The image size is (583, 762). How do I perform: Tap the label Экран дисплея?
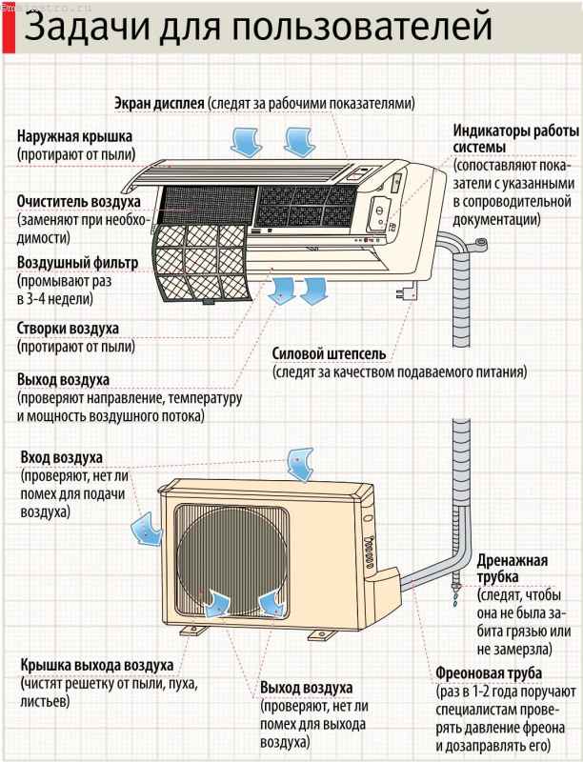click(x=159, y=103)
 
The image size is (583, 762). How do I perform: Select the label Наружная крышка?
click(x=74, y=136)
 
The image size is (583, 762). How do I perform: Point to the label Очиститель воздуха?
click(x=79, y=201)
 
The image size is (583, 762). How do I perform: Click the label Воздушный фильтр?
click(x=78, y=263)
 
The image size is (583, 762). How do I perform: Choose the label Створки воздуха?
click(x=68, y=328)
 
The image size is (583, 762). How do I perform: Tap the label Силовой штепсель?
click(x=329, y=353)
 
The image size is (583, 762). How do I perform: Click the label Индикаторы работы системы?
click(x=516, y=139)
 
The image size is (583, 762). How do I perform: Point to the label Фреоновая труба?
click(x=489, y=673)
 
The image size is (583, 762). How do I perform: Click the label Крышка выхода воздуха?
click(x=96, y=665)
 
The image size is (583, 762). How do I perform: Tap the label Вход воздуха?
click(x=61, y=458)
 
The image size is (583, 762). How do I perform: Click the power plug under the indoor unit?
click(x=407, y=292)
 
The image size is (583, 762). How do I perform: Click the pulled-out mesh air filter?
click(x=203, y=264)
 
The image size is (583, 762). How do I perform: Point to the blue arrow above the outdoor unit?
click(x=300, y=465)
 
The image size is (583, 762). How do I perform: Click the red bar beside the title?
click(x=10, y=30)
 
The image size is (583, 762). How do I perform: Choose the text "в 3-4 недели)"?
click(x=54, y=298)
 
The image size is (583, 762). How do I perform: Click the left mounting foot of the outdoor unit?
click(x=193, y=631)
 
